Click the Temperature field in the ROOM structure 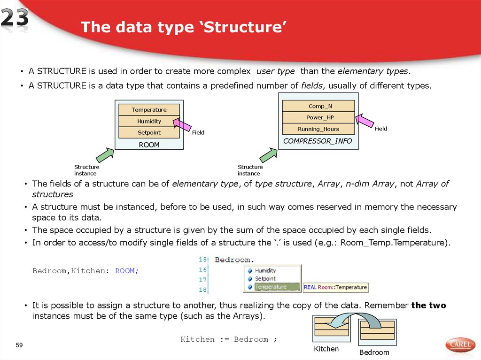tap(149, 110)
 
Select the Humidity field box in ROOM tap(149, 121)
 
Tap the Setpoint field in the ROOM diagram tap(149, 133)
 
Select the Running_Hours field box tap(318, 129)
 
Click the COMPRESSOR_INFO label tap(318, 141)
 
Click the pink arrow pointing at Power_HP tap(365, 121)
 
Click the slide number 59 tap(19, 345)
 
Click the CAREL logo tap(460, 345)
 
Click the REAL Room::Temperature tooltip tap(335, 287)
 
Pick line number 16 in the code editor tap(203, 269)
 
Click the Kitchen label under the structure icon tap(326, 349)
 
